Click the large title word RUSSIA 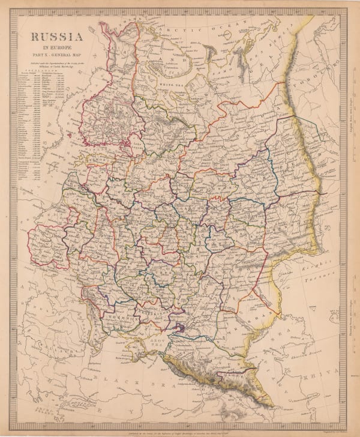tap(58, 38)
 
